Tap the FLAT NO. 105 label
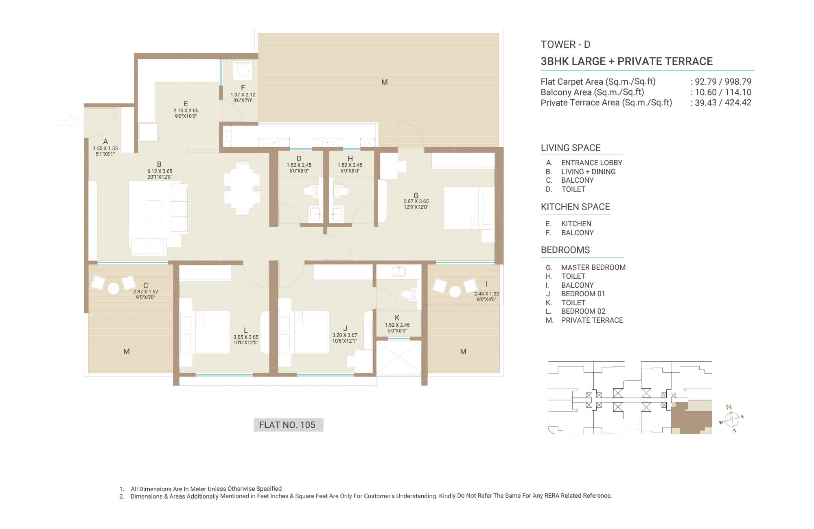[288, 425]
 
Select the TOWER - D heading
[565, 44]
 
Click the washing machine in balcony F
[243, 71]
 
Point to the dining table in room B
[242, 188]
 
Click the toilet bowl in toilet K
[409, 294]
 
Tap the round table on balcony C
[113, 289]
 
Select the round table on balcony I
[455, 291]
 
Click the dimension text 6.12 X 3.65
[160, 171]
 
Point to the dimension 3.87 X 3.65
[416, 201]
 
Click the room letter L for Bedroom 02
[246, 330]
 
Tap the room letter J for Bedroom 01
[345, 328]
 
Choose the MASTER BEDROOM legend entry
[593, 267]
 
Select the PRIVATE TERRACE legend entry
[592, 320]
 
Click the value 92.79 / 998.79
[723, 82]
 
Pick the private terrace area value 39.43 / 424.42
[723, 103]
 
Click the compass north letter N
[729, 407]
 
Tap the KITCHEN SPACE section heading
[575, 207]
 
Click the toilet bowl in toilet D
[311, 191]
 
